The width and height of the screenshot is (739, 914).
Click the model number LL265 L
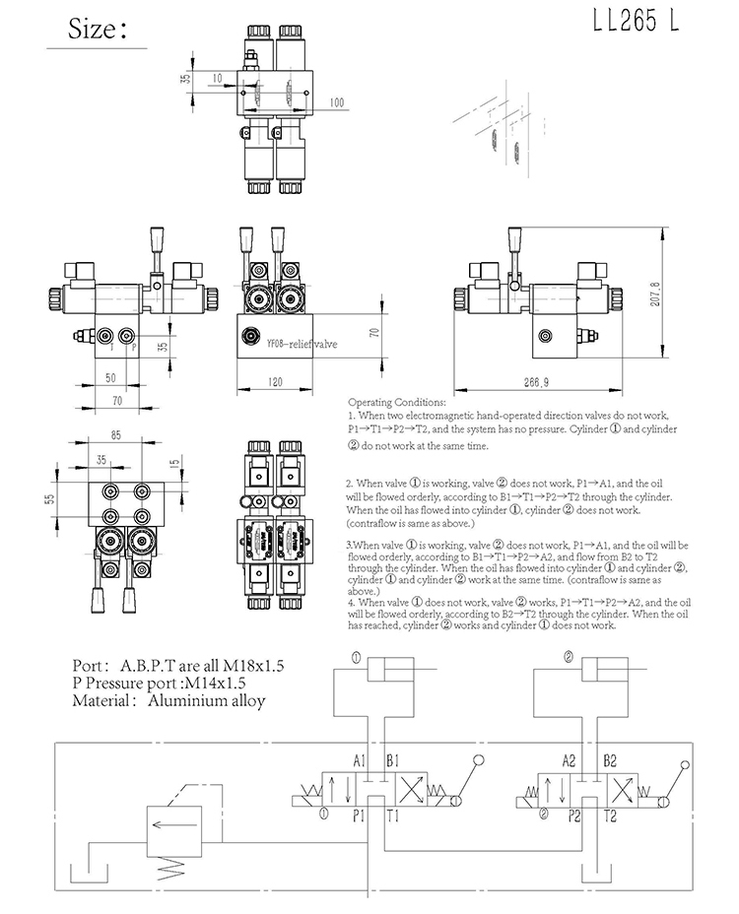pos(637,24)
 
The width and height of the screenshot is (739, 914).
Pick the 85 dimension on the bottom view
pos(115,434)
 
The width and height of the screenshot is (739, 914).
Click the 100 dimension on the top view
pos(337,102)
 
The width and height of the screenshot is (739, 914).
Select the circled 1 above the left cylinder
pos(353,657)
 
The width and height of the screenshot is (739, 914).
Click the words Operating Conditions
pos(396,403)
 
